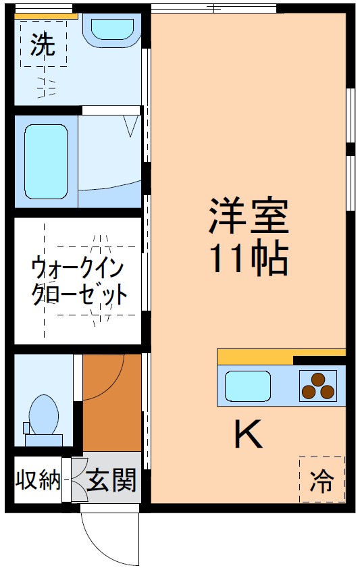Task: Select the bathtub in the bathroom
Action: [46, 161]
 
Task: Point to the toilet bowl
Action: [45, 413]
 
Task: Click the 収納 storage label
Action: [38, 481]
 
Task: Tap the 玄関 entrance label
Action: [112, 481]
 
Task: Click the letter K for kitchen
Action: [248, 434]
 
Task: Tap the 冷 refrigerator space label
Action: [322, 480]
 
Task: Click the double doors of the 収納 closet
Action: [76, 481]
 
